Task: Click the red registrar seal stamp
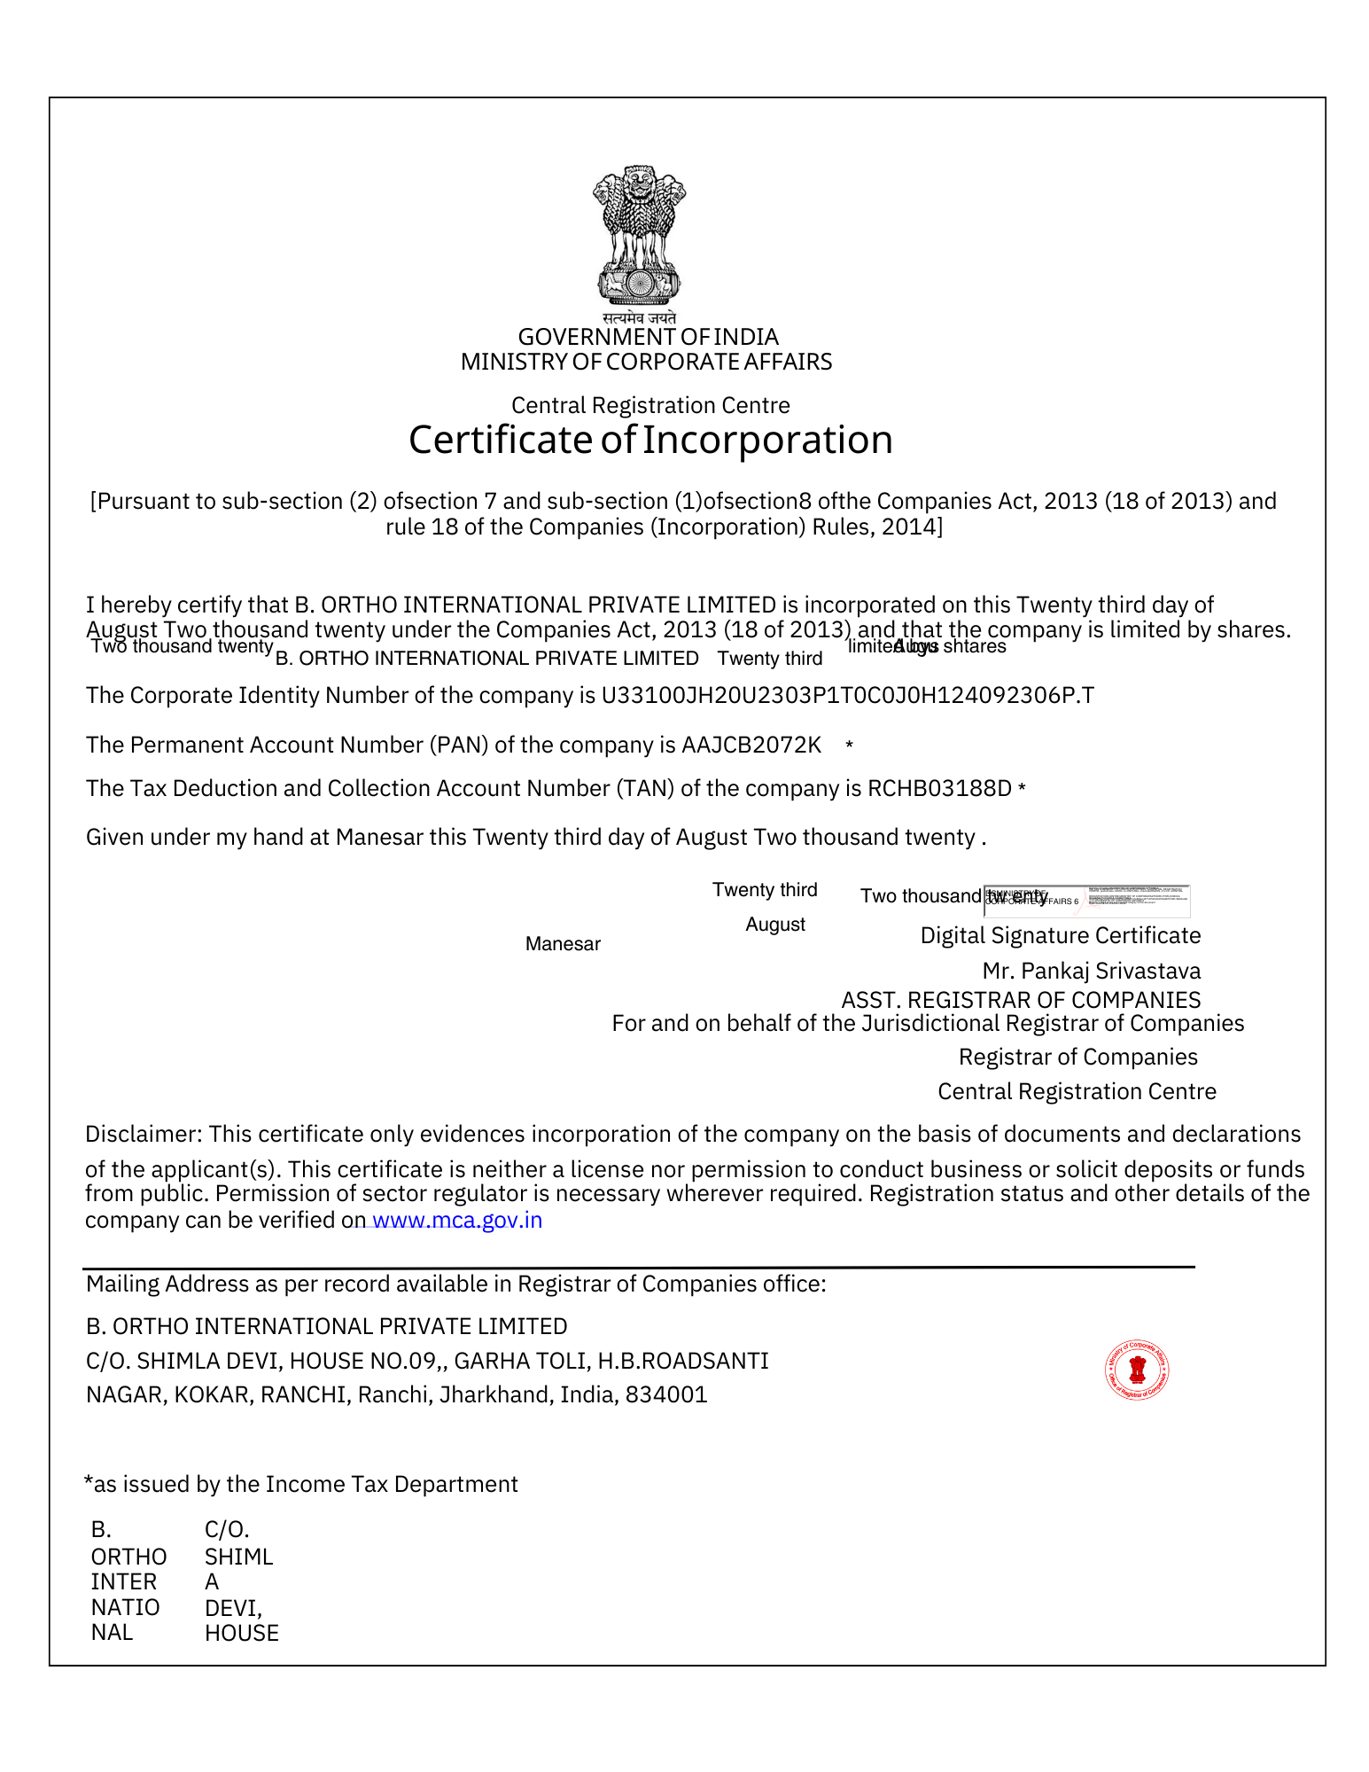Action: (x=1137, y=1370)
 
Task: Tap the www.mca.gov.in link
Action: (x=456, y=1221)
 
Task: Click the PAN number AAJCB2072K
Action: (x=751, y=745)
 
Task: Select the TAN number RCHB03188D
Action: (x=939, y=788)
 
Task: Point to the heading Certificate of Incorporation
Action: (x=650, y=440)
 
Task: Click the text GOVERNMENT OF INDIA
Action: (x=648, y=337)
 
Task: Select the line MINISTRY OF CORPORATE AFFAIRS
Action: (x=646, y=362)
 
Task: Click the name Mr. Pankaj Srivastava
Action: (x=1091, y=971)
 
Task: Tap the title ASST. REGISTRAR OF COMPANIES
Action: (x=1021, y=1000)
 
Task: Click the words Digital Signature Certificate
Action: (x=1060, y=935)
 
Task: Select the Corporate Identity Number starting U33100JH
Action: (x=847, y=695)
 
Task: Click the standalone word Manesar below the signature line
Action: (x=563, y=944)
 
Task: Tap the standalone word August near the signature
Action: (x=775, y=925)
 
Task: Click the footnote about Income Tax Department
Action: (x=301, y=1484)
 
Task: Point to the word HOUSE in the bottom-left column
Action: (x=241, y=1633)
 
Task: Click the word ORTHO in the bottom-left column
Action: (x=128, y=1557)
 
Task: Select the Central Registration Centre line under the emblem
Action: (x=650, y=405)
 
